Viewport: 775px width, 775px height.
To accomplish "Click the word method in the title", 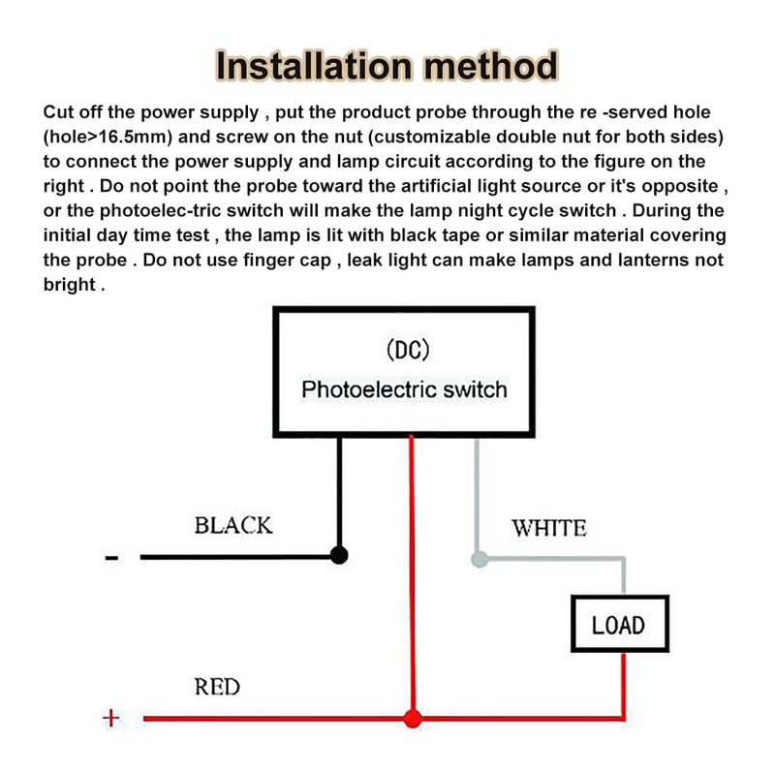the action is coord(491,66).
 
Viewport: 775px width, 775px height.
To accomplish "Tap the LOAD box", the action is coord(620,624).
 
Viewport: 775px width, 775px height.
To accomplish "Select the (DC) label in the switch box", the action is coord(408,350).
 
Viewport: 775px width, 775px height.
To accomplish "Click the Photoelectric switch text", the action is coord(404,389).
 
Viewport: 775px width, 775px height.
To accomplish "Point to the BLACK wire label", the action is coord(233,525).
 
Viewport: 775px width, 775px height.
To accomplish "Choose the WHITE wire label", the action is coord(549,528).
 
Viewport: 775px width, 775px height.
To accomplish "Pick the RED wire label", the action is coord(217,687).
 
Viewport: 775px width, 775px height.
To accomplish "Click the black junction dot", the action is coord(338,555).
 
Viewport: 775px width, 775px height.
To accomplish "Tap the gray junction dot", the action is coord(480,560).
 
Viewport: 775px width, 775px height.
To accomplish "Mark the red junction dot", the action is coord(413,718).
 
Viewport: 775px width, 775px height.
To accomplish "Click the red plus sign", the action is coord(110,718).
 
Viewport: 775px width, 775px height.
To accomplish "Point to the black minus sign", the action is coord(111,558).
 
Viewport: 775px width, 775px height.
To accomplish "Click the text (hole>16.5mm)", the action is coord(108,137).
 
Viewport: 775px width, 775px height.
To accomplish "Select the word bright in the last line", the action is coord(69,285).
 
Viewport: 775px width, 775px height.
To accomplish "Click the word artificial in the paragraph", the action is coord(436,186).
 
